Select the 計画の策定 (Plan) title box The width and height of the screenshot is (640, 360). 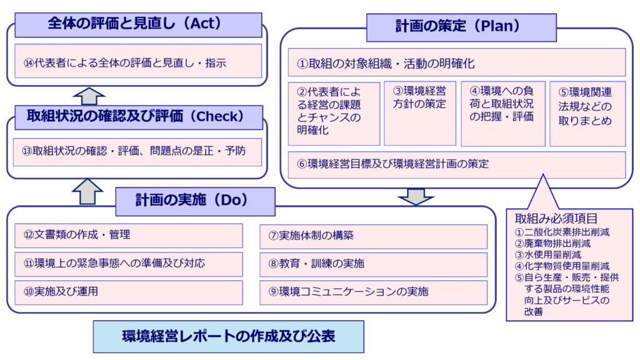[x=461, y=27]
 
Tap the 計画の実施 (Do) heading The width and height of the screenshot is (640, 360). [x=195, y=201]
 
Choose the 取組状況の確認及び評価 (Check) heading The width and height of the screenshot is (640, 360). [x=139, y=117]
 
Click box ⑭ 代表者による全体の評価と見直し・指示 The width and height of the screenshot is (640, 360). [x=138, y=61]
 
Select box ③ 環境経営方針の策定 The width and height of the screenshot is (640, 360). [x=419, y=114]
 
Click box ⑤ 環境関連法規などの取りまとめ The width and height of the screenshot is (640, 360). [x=587, y=114]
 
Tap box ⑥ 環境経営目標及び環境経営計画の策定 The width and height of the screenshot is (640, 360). [x=457, y=165]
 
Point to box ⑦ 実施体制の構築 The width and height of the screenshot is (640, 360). [x=374, y=236]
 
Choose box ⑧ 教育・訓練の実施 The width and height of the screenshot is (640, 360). [x=374, y=264]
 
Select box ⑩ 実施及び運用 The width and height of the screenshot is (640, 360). [x=129, y=292]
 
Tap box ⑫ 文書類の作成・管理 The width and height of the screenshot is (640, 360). [x=129, y=236]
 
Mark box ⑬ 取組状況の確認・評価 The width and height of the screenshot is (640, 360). [x=137, y=152]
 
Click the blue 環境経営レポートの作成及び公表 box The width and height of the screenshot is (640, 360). [x=229, y=337]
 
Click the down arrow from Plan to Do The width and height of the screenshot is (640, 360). [x=416, y=197]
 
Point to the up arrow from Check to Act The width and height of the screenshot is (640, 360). [x=89, y=96]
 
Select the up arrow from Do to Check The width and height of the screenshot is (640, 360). [x=87, y=191]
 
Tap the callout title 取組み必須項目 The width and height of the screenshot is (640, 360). [x=556, y=219]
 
